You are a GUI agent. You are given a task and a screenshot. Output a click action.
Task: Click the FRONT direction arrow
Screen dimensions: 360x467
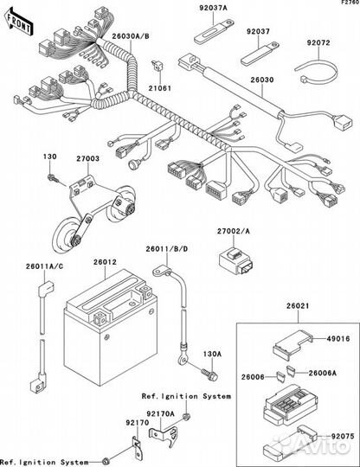pos(19,22)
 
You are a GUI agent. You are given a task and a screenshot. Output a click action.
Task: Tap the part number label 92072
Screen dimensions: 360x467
pos(318,43)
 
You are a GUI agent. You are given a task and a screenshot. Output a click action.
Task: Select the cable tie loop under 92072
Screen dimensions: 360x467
pos(318,71)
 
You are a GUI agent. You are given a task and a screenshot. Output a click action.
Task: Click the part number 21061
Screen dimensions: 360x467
pos(160,88)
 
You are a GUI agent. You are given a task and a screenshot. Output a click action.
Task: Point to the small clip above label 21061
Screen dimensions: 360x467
pos(157,65)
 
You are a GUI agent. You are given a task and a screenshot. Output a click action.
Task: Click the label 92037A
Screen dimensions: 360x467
pos(214,8)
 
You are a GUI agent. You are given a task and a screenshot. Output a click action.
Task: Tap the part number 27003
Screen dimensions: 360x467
pos(88,158)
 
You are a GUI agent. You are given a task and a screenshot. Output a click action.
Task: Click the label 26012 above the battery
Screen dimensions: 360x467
pos(106,262)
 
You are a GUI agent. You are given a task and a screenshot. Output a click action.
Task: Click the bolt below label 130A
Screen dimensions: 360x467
pos(209,374)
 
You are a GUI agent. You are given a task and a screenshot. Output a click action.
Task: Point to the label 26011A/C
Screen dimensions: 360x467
pos(44,266)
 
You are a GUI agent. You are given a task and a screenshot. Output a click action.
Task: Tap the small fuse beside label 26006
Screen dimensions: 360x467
pos(280,377)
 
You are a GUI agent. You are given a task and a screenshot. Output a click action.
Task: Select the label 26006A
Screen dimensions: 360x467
pos(323,373)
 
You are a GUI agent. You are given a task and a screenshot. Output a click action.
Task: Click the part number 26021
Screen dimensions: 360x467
pos(298,306)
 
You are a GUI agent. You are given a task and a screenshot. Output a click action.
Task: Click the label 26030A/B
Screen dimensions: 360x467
pos(131,36)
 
